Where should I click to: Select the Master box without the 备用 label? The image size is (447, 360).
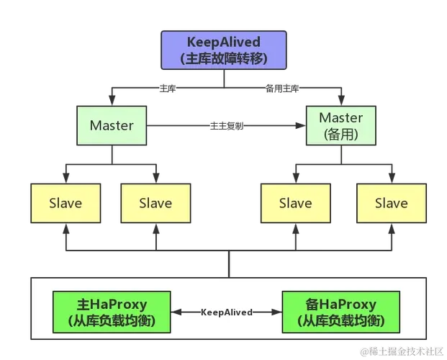[x=112, y=125]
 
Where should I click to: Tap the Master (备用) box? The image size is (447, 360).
[x=340, y=125]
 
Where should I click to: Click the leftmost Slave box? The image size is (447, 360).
[x=65, y=203]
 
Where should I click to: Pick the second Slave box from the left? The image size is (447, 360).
[x=155, y=203]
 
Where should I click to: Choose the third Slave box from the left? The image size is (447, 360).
[x=295, y=203]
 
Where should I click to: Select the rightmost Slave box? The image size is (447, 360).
[x=391, y=203]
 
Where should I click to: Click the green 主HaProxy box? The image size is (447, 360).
[x=112, y=312]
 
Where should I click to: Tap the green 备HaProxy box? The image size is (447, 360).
[x=340, y=312]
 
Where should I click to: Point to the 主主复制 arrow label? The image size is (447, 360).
[x=227, y=126]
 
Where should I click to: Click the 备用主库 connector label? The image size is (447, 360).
[x=282, y=89]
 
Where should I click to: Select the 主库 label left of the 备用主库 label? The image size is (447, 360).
[x=167, y=89]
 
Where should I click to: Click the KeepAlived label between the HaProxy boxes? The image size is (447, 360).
[x=226, y=312]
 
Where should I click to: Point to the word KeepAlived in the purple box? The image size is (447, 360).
[x=223, y=42]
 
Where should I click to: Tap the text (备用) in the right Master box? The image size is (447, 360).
[x=340, y=134]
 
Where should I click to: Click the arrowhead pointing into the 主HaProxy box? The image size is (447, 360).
[x=176, y=312]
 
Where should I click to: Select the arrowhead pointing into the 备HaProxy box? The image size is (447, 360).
[x=276, y=312]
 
